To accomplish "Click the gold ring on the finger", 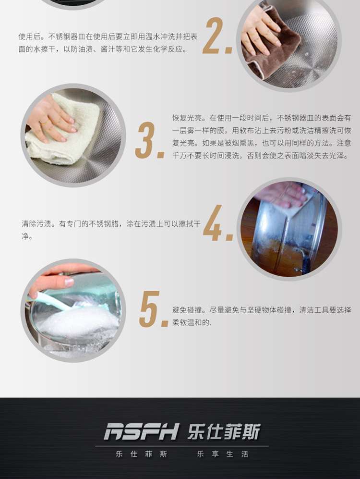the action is click(44, 123).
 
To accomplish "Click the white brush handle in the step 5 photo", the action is click(50, 300).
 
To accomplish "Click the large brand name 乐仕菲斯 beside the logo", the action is click(224, 431).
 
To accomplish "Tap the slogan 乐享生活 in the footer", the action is click(223, 454).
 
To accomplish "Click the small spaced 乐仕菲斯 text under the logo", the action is click(142, 454).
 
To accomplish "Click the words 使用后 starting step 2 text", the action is click(29, 37).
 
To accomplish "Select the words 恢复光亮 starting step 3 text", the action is click(187, 118).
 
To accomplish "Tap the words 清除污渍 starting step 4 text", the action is click(36, 223).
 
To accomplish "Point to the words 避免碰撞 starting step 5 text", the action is click(187, 310).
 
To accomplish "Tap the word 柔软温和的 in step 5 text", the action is click(191, 322).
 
